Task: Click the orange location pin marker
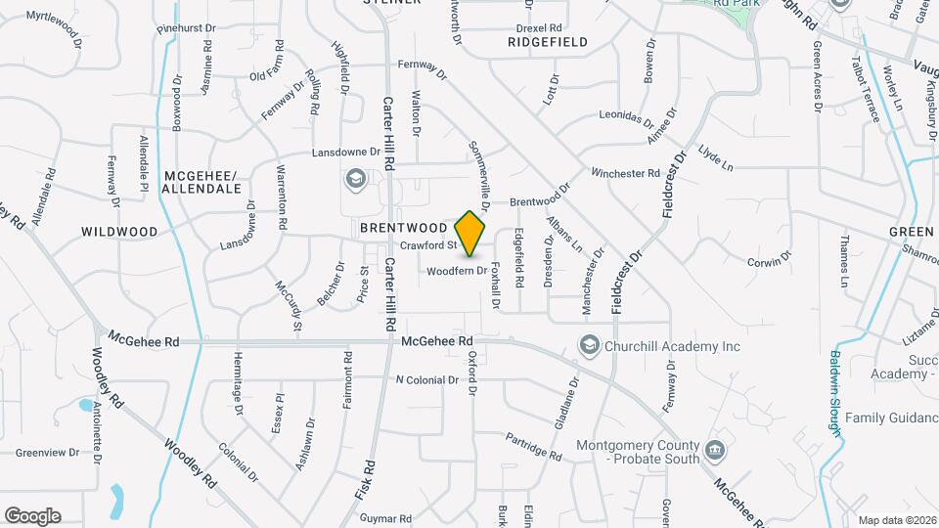click(470, 234)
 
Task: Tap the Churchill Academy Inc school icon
click(589, 345)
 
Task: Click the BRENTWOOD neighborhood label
click(396, 227)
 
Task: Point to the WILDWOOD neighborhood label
click(119, 232)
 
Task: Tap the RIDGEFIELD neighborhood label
click(548, 43)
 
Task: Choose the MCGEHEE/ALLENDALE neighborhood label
click(201, 181)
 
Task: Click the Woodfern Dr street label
click(456, 270)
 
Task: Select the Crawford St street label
click(428, 244)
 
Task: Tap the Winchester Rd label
click(625, 173)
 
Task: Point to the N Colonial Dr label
click(426, 379)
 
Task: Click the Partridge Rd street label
click(534, 447)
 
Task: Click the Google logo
click(32, 515)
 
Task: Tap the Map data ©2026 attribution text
click(896, 520)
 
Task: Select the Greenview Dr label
click(47, 453)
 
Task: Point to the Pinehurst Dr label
click(185, 29)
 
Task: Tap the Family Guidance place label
click(892, 418)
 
